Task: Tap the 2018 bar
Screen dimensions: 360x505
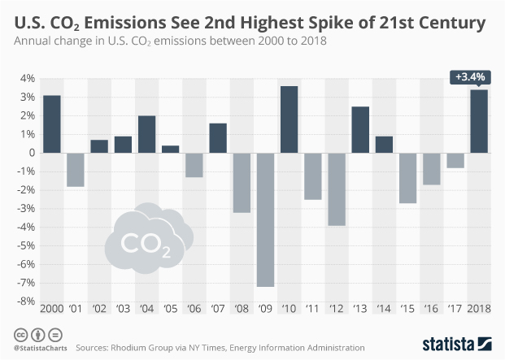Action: pyautogui.click(x=480, y=121)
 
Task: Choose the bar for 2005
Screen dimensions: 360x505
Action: pyautogui.click(x=171, y=149)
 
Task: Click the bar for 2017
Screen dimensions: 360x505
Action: pyautogui.click(x=456, y=160)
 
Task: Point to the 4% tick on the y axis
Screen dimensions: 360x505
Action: pyautogui.click(x=26, y=79)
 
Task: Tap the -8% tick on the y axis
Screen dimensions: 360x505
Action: pyautogui.click(x=24, y=301)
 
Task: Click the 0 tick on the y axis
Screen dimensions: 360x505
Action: pyautogui.click(x=30, y=153)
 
